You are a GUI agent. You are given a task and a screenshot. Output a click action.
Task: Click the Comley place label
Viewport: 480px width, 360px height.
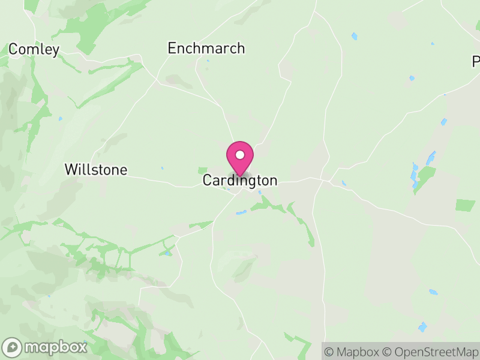click(34, 49)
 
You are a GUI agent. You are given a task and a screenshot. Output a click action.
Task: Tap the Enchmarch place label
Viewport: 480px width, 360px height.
click(206, 48)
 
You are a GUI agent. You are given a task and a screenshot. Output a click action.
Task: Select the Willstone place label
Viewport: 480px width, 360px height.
click(96, 170)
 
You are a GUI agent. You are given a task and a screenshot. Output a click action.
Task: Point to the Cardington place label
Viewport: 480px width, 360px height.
click(240, 181)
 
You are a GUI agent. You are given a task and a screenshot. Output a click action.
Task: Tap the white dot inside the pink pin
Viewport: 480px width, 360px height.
click(240, 155)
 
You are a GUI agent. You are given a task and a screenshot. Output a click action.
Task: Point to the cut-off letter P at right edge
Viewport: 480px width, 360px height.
click(476, 61)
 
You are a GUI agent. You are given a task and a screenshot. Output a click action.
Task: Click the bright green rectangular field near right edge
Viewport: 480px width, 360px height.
click(465, 205)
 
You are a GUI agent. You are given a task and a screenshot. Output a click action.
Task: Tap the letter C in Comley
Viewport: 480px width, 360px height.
click(13, 49)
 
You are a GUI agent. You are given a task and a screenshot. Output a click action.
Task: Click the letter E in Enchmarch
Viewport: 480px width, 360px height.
click(172, 48)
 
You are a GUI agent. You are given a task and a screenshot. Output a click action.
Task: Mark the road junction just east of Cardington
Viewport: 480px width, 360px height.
click(326, 179)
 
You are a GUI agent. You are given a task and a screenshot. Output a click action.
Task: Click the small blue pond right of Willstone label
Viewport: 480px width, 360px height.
click(161, 169)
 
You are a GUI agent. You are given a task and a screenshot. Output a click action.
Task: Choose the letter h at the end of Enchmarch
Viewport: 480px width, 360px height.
click(241, 48)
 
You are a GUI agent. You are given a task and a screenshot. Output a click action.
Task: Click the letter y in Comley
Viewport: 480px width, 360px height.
click(55, 51)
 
